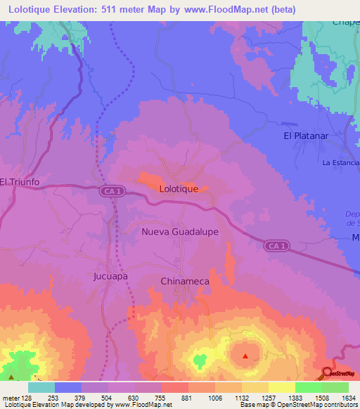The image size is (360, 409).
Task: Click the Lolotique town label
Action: click(184, 189)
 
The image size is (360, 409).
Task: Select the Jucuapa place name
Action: click(110, 276)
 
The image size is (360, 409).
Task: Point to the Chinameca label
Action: click(181, 281)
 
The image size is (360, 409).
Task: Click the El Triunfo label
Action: click(20, 181)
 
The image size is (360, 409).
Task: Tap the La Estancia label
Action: click(340, 162)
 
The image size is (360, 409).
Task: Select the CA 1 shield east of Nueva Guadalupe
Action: click(277, 245)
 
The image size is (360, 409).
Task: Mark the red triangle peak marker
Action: click(245, 356)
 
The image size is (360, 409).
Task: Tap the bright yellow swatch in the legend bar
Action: click(281, 387)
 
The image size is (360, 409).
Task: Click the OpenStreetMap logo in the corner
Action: click(340, 373)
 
